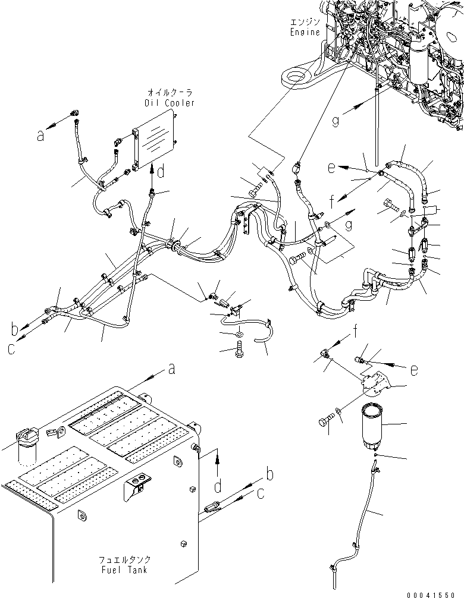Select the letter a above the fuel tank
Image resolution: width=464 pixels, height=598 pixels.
pyautogui.click(x=171, y=370)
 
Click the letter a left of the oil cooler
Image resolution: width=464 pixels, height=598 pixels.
pyautogui.click(x=40, y=136)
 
